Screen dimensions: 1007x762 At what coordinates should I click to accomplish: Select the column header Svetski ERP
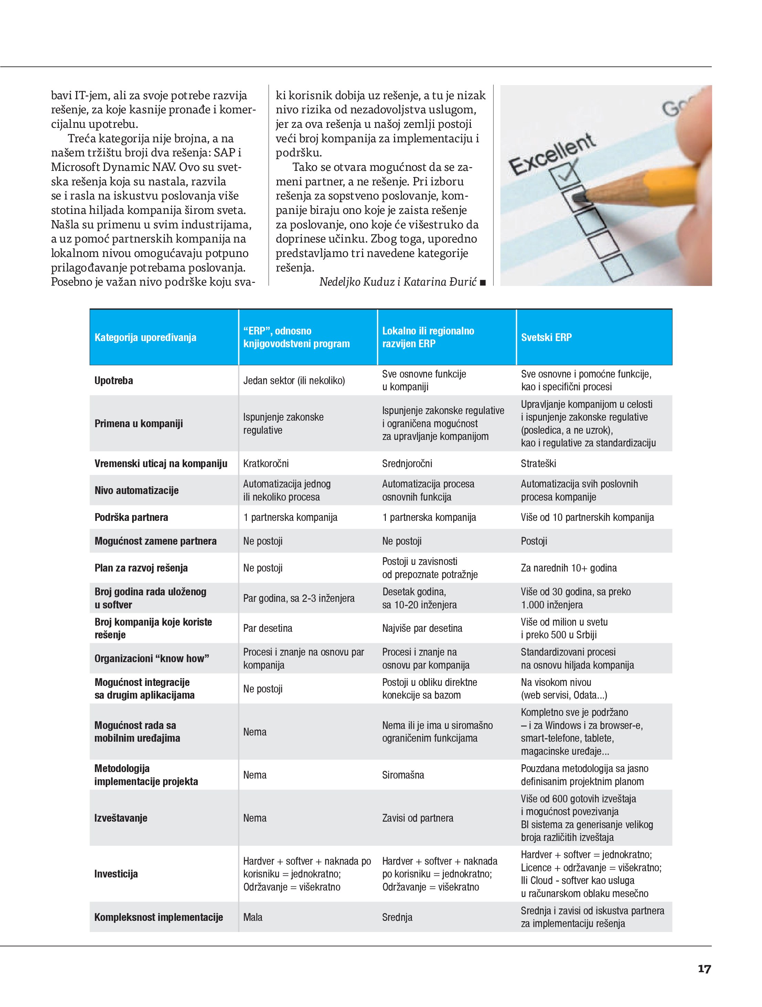tap(546, 337)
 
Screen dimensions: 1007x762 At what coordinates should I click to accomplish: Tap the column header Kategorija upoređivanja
tap(145, 337)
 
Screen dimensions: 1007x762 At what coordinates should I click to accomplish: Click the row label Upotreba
tap(114, 381)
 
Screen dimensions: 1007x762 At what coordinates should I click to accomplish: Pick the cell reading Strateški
tap(538, 463)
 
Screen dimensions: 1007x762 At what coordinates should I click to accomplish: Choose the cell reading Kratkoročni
tap(266, 463)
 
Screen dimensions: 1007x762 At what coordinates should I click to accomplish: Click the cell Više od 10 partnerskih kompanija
tap(587, 517)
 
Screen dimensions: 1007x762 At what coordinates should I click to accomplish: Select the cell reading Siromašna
tap(403, 775)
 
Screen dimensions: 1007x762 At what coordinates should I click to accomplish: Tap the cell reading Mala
tap(253, 917)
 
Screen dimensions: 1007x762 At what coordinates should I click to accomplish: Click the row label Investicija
tap(116, 874)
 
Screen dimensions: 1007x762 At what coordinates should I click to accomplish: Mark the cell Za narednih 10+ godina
tap(569, 568)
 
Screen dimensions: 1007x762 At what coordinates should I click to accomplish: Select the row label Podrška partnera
tap(131, 517)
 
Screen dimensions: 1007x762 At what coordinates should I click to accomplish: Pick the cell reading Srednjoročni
tap(407, 463)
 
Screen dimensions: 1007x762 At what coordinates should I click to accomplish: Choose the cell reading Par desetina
tap(267, 628)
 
